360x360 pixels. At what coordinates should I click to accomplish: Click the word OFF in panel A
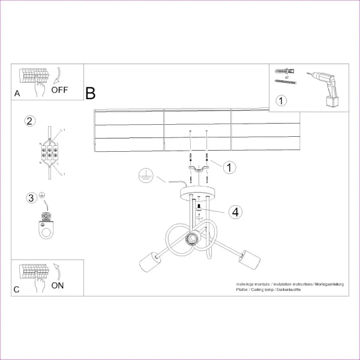click(x=60, y=91)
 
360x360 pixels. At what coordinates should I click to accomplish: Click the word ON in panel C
click(x=57, y=285)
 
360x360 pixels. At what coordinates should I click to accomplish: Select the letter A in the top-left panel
click(x=17, y=93)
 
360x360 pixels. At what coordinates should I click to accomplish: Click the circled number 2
click(x=29, y=121)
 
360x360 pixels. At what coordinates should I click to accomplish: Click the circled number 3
click(x=30, y=197)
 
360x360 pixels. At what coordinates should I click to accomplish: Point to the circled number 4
click(x=235, y=211)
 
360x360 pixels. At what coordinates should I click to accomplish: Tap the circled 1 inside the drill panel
click(x=280, y=100)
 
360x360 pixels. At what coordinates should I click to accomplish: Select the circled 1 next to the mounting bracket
click(x=229, y=167)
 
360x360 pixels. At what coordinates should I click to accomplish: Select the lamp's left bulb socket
click(x=147, y=262)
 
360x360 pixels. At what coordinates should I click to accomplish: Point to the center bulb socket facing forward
click(x=192, y=239)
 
